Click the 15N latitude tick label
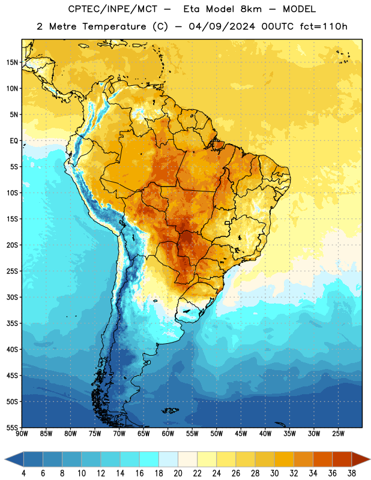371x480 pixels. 12,62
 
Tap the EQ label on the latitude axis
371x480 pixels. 14,141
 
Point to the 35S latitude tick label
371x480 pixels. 12,323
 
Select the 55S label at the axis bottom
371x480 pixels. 12,428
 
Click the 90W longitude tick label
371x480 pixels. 22,434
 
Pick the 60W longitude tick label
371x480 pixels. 168,434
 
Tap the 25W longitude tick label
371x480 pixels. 338,434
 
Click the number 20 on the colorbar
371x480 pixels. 178,473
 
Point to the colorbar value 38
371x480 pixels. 352,473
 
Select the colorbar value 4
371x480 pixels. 23,473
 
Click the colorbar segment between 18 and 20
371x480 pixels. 169,459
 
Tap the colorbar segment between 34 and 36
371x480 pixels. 323,459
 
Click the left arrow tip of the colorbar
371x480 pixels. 5,459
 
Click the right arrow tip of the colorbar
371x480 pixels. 370,459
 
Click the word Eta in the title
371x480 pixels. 191,9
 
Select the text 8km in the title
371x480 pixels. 251,9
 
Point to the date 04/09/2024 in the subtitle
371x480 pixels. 222,26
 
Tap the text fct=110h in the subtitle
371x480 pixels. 324,26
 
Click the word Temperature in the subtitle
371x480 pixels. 114,26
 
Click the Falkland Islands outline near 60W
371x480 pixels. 170,410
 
